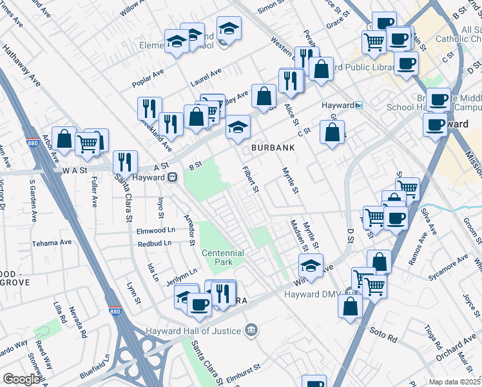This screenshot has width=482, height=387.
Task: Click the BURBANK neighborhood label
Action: click(273, 148)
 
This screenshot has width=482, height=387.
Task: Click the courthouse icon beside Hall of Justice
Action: click(251, 331)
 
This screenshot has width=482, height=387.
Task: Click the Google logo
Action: click(21, 379)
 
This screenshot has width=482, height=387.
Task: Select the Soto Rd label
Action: click(381, 333)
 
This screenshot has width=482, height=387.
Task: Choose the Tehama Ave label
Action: click(52, 243)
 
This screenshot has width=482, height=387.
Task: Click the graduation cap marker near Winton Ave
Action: click(311, 264)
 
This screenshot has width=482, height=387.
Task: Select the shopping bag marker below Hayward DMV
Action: click(350, 305)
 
